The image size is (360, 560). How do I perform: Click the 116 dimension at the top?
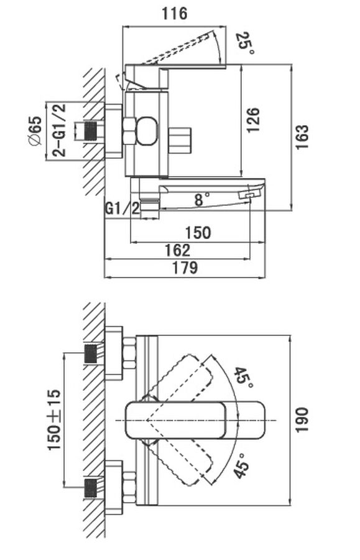pos(175,14)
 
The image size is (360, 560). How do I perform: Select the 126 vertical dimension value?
pos(253,120)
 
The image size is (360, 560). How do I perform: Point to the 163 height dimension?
pos(302,136)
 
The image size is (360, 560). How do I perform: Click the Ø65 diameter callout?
pos(35,131)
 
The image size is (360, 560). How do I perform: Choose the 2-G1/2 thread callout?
pos(59,131)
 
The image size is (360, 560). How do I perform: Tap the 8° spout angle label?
pos(201,199)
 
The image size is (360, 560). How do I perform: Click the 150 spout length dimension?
pos(198,233)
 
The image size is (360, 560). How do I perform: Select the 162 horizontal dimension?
pos(177,250)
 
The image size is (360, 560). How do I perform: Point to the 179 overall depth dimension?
pos(185,268)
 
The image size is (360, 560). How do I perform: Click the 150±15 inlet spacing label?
pos(54,419)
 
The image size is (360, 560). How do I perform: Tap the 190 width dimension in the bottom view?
pos(302,419)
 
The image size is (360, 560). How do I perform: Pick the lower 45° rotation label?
pos(241,465)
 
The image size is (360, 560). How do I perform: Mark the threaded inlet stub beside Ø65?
pos(91,131)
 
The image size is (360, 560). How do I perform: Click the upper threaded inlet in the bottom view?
pos(91,353)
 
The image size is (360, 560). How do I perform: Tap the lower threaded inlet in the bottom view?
pos(91,488)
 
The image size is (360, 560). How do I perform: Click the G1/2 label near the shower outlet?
pos(122,208)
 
